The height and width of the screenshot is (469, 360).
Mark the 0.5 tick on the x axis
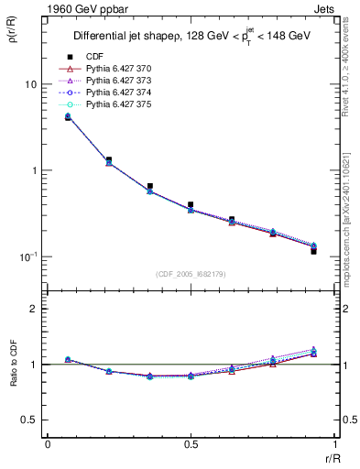click(190, 443)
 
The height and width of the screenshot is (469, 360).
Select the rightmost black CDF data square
click(313, 250)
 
